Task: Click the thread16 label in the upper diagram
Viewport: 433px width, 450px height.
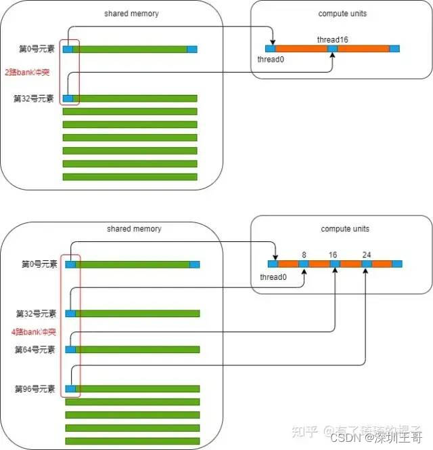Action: tap(332, 40)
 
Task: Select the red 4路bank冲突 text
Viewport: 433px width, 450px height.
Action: tap(32, 332)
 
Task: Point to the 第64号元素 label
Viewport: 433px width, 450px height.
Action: tap(36, 350)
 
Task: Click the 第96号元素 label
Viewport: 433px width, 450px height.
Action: tap(36, 389)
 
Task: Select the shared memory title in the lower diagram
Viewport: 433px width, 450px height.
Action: tap(134, 229)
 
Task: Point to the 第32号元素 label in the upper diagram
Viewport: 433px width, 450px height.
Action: tap(33, 99)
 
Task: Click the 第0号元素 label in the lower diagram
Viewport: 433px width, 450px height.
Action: tap(39, 264)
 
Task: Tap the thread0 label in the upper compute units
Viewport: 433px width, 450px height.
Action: tap(271, 60)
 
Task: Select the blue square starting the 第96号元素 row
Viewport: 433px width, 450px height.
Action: tap(70, 389)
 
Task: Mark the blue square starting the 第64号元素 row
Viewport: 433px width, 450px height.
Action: tap(70, 350)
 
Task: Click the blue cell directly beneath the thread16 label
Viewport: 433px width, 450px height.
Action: tap(332, 49)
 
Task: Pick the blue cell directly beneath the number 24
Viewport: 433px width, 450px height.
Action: tap(366, 264)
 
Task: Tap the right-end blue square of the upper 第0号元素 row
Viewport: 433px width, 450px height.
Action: tap(192, 49)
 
